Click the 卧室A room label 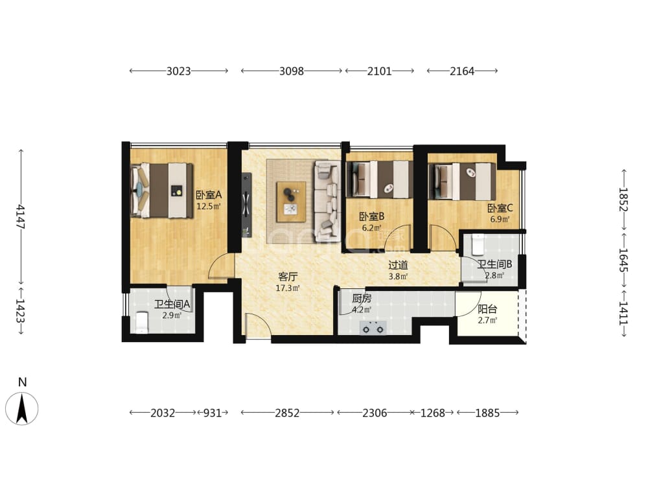[209, 194]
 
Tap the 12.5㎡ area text [209, 206]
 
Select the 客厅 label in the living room [288, 277]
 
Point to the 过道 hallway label [399, 265]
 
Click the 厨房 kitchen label [362, 298]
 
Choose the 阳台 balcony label [487, 308]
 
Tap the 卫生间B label [494, 264]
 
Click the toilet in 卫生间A [141, 322]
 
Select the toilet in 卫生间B [478, 244]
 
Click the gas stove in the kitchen [373, 328]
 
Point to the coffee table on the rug [292, 202]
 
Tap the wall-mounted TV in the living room [247, 205]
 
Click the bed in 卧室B [379, 179]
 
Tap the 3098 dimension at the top [292, 71]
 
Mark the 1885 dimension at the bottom [488, 412]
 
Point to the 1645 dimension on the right [623, 260]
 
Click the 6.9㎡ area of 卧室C [500, 219]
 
